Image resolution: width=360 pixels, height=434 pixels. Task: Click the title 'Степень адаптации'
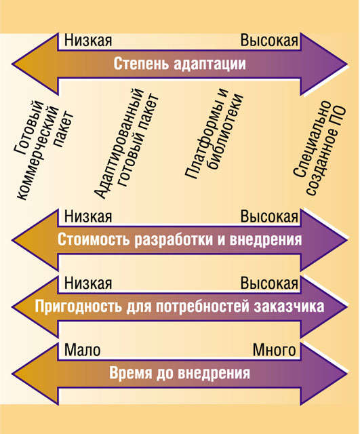click(x=180, y=64)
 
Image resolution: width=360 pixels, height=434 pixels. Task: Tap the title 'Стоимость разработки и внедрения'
click(x=180, y=239)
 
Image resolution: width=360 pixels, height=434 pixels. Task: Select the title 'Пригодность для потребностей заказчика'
click(x=180, y=307)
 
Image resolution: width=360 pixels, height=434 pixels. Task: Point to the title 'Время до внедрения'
click(x=180, y=373)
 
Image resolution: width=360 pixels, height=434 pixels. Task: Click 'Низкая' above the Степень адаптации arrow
click(x=88, y=41)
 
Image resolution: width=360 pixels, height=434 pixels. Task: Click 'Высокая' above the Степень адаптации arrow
click(x=269, y=41)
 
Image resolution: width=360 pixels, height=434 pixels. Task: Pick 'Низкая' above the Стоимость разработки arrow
click(x=88, y=216)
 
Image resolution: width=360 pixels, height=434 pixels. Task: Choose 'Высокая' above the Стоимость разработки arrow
click(x=269, y=216)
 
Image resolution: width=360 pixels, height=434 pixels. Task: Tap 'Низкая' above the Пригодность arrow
click(x=88, y=283)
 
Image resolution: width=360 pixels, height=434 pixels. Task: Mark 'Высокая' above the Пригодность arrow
click(x=269, y=283)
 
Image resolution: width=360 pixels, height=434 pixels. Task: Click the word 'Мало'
click(x=82, y=350)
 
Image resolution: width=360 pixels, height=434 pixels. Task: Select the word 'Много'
click(x=274, y=350)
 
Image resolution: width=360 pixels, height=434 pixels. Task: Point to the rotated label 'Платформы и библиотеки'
click(x=214, y=134)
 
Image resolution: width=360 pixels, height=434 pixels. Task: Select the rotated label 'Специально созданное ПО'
click(x=319, y=148)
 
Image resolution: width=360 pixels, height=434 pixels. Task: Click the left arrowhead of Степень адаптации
click(x=35, y=64)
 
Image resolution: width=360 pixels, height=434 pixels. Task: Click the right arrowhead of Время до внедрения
click(x=324, y=373)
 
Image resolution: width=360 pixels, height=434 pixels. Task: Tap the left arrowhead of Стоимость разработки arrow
click(x=35, y=240)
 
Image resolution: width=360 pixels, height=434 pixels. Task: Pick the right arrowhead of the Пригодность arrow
click(x=324, y=307)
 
